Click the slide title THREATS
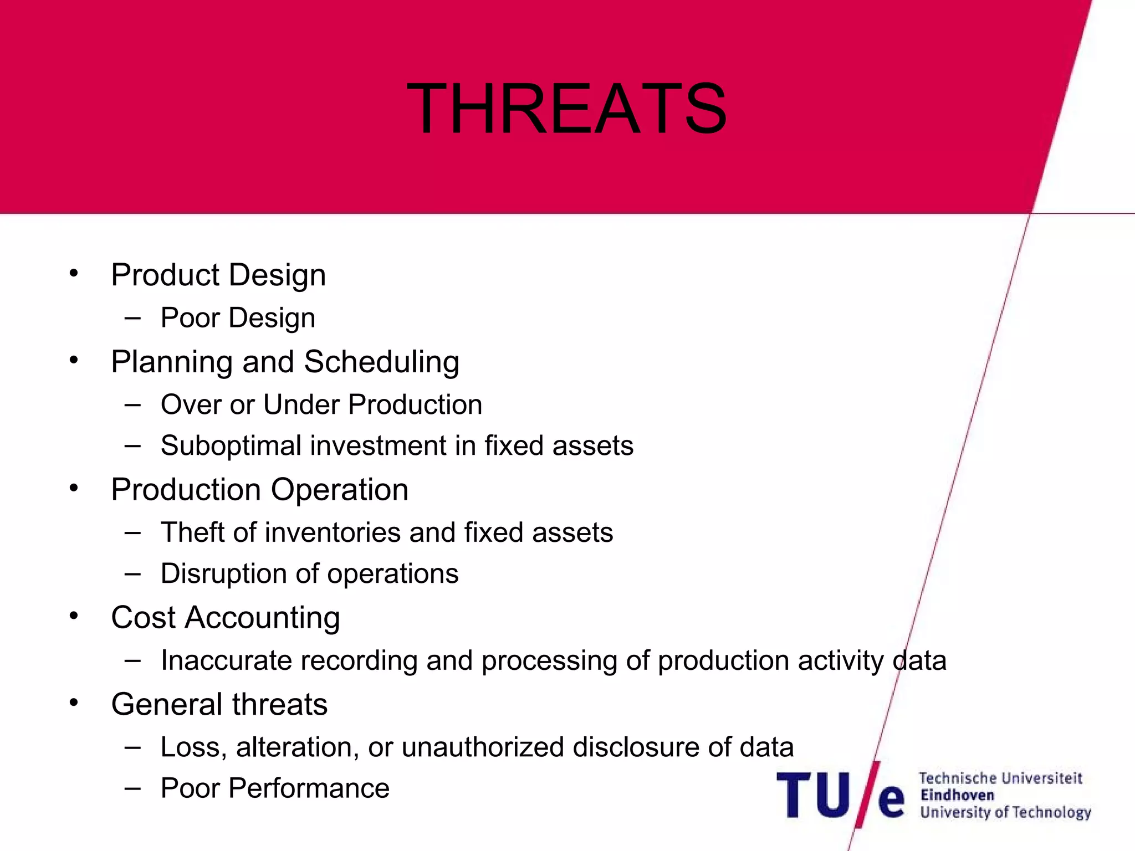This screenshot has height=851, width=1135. coord(566,109)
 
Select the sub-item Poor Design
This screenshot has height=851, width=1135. coord(238,318)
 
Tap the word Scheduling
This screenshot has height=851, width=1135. coord(381,362)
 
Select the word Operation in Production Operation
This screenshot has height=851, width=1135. coord(339,490)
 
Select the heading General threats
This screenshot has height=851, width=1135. coord(219,704)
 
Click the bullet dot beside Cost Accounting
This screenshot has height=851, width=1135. coord(74,616)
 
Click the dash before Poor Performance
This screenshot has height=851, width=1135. coord(132,787)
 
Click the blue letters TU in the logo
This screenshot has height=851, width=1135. coord(813,795)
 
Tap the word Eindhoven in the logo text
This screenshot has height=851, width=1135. coord(957,795)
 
